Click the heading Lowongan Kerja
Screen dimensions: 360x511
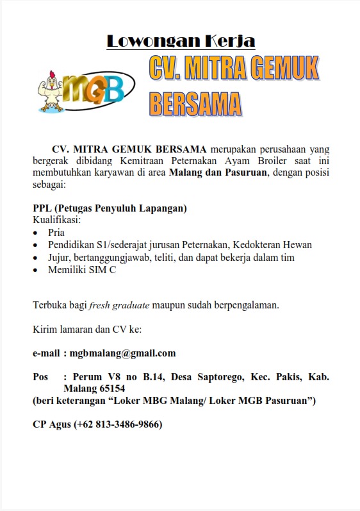(181, 42)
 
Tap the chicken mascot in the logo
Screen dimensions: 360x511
(53, 89)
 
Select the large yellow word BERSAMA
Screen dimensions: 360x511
(195, 104)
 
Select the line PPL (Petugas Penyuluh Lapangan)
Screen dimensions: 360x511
(110, 209)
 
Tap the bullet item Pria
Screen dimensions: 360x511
(56, 233)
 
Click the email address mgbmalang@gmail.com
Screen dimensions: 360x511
(122, 353)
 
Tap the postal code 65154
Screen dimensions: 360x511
(109, 389)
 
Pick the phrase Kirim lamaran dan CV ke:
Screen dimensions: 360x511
(86, 330)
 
